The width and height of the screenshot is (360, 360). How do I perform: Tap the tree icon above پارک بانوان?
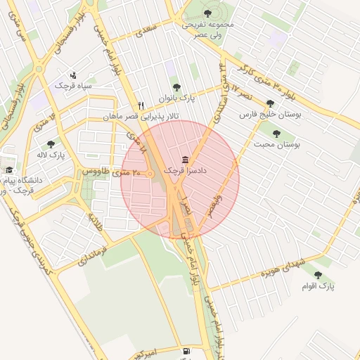[176, 87]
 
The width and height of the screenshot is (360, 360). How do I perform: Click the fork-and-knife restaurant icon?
[141, 105]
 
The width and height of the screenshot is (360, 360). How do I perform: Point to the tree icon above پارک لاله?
[51, 143]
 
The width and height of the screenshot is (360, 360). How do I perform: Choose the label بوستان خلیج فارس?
[271, 114]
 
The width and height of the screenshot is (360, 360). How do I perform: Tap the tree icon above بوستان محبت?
[276, 133]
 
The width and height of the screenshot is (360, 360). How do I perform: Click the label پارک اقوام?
[319, 286]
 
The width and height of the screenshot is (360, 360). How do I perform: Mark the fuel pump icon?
[186, 350]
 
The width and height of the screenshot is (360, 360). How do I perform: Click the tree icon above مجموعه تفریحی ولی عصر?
[207, 13]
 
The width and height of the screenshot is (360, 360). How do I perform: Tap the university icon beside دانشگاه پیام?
[9, 169]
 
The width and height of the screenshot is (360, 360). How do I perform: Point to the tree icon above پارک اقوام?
[318, 275]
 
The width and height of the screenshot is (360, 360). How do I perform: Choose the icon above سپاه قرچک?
[74, 75]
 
